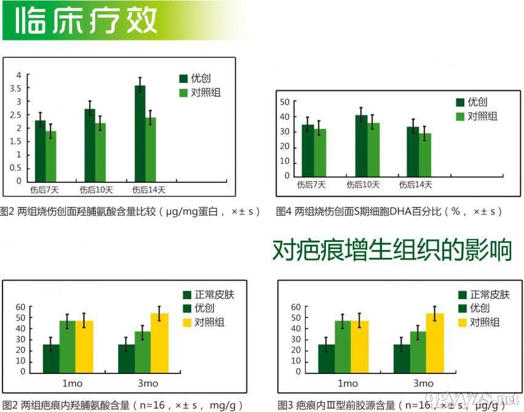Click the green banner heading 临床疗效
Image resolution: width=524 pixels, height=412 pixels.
click(x=86, y=20)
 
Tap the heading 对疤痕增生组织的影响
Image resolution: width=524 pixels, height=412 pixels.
click(x=392, y=251)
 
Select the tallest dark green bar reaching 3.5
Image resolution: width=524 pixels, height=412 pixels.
click(x=140, y=133)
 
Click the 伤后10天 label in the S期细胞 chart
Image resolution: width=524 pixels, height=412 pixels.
click(x=363, y=184)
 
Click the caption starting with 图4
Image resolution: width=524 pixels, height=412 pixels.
click(x=389, y=211)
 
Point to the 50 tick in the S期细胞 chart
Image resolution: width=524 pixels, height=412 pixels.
click(x=284, y=102)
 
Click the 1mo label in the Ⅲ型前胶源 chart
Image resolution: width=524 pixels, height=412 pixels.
click(x=347, y=384)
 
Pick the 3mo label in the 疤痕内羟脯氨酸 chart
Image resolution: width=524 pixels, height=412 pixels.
click(x=148, y=384)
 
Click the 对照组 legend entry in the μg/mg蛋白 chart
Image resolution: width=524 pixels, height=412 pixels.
click(x=205, y=93)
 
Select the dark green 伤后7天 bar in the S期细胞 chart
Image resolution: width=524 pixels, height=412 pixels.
click(x=308, y=150)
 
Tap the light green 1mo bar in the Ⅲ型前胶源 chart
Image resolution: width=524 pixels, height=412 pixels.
click(x=343, y=346)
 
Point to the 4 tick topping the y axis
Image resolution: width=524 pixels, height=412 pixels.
click(x=18, y=75)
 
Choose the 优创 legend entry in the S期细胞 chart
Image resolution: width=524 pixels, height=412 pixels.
click(x=477, y=102)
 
